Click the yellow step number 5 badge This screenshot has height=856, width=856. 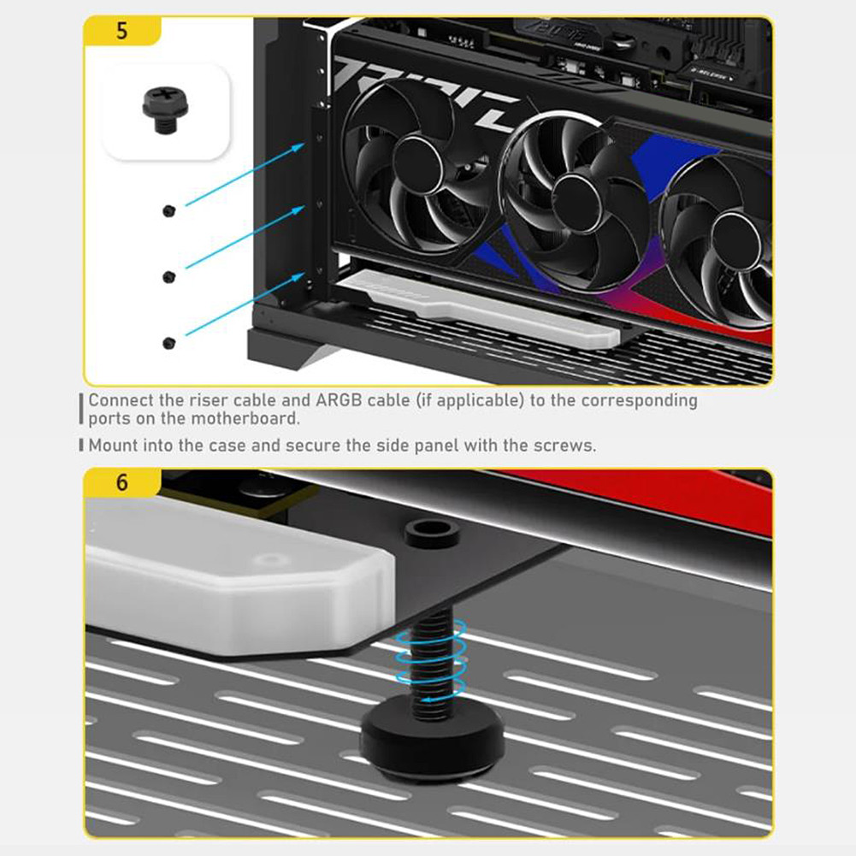(x=121, y=31)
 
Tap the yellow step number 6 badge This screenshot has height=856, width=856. (x=121, y=482)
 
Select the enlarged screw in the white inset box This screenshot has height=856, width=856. (x=164, y=109)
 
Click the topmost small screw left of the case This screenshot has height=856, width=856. (x=168, y=210)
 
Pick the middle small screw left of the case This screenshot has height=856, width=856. (x=168, y=276)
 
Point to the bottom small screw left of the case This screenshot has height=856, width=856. (x=168, y=343)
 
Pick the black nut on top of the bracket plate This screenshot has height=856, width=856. (x=432, y=534)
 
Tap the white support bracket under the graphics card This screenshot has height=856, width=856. (x=479, y=309)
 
